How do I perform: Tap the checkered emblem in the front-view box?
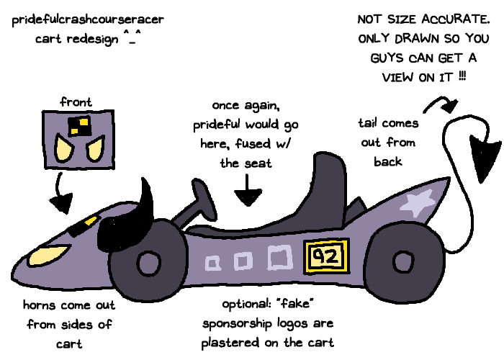point(78,128)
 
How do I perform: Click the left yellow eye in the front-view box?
point(63,151)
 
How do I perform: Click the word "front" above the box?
point(76,102)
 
